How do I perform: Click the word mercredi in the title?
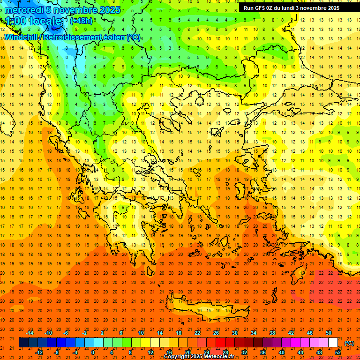coord(22,10)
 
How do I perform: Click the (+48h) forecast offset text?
coord(81,21)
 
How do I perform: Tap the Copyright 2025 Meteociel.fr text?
coord(199,357)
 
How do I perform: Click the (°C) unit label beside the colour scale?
coord(349,343)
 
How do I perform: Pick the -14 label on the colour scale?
coord(30,333)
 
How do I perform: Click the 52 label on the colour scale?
coord(337,352)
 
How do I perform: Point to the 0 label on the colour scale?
coord(92,352)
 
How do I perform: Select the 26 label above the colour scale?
coord(216,333)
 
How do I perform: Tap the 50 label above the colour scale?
coord(329,333)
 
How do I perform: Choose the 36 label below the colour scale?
coord(262,352)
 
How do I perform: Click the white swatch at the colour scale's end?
coord(333,343)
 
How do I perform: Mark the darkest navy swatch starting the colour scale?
coord(23,343)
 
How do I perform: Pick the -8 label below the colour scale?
coord(56,352)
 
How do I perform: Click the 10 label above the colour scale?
coord(141,333)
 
